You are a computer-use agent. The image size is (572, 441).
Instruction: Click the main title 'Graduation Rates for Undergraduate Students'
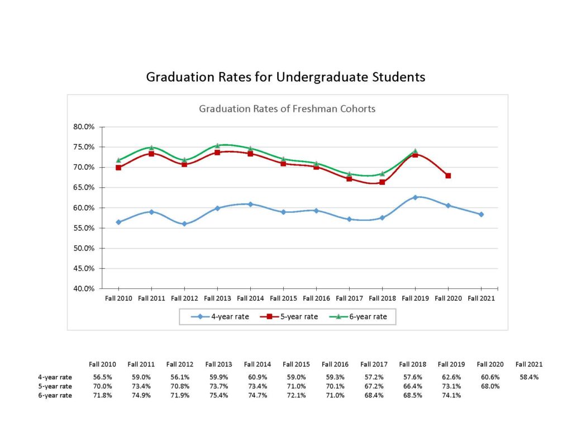click(x=285, y=77)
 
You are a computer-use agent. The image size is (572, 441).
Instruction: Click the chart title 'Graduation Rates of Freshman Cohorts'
click(x=287, y=108)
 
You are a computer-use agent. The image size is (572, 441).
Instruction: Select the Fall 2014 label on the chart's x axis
click(x=250, y=298)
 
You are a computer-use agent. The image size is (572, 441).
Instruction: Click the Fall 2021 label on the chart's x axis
click(x=481, y=298)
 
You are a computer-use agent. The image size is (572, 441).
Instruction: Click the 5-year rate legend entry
click(x=292, y=317)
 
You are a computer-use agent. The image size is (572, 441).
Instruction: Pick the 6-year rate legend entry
click(x=362, y=317)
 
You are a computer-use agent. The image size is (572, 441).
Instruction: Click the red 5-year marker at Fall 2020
click(x=448, y=176)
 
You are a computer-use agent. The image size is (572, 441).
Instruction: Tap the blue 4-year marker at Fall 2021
click(x=481, y=214)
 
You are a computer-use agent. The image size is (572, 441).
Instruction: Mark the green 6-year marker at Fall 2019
click(x=415, y=151)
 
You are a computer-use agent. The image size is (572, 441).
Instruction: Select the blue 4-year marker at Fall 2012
click(x=184, y=224)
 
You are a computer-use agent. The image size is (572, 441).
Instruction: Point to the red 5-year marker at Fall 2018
click(x=382, y=182)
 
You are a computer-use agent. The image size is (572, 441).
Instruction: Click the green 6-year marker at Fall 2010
click(x=118, y=160)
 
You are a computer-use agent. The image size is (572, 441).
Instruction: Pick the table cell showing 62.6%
click(x=450, y=377)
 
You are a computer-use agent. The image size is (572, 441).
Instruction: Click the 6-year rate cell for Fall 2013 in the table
click(x=218, y=395)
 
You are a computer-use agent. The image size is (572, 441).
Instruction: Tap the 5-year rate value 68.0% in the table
click(x=489, y=386)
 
